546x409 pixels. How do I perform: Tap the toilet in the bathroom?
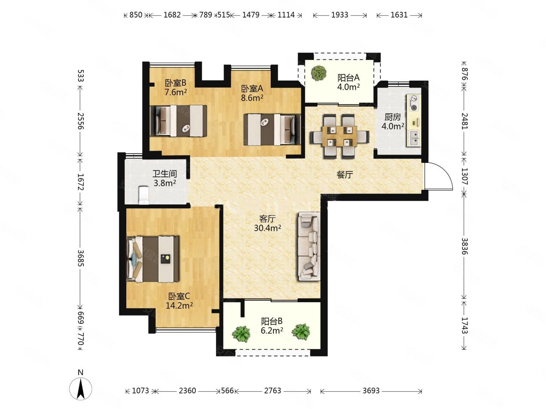click(x=144, y=195)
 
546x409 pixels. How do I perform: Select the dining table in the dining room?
click(x=339, y=136)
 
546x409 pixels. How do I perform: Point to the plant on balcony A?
click(x=319, y=73)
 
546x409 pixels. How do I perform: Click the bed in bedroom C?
click(x=152, y=259)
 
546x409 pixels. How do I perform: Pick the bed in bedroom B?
click(x=178, y=121)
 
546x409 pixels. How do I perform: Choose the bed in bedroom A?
click(x=272, y=130)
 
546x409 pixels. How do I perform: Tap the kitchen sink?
click(x=413, y=138)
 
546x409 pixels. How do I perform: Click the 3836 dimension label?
click(x=464, y=246)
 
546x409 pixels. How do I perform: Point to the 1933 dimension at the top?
click(x=339, y=15)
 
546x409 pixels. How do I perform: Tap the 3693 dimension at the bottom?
click(x=371, y=390)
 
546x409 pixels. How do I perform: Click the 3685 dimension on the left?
click(x=81, y=258)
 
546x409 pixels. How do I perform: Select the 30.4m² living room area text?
click(x=267, y=228)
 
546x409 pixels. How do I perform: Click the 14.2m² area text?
click(x=179, y=305)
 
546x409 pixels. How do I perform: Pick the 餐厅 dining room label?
click(x=345, y=175)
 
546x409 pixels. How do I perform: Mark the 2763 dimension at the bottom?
click(x=272, y=390)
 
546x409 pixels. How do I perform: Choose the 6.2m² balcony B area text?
click(x=271, y=330)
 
